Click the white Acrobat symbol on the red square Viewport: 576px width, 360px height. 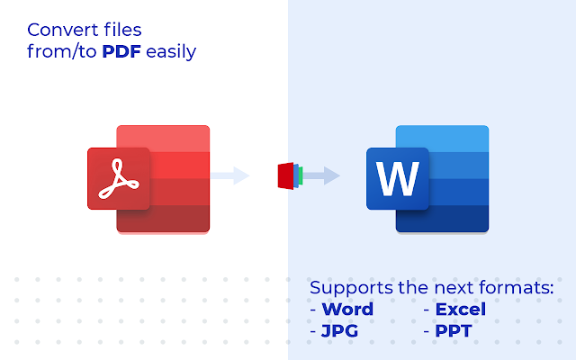pos(117,178)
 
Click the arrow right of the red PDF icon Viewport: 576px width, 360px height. pos(231,175)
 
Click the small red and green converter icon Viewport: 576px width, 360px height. pos(289,175)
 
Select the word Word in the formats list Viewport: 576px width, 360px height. pos(347,310)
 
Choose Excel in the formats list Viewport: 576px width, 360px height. pos(460,310)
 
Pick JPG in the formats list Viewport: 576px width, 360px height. pos(340,331)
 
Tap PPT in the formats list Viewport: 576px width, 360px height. pos(454,331)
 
